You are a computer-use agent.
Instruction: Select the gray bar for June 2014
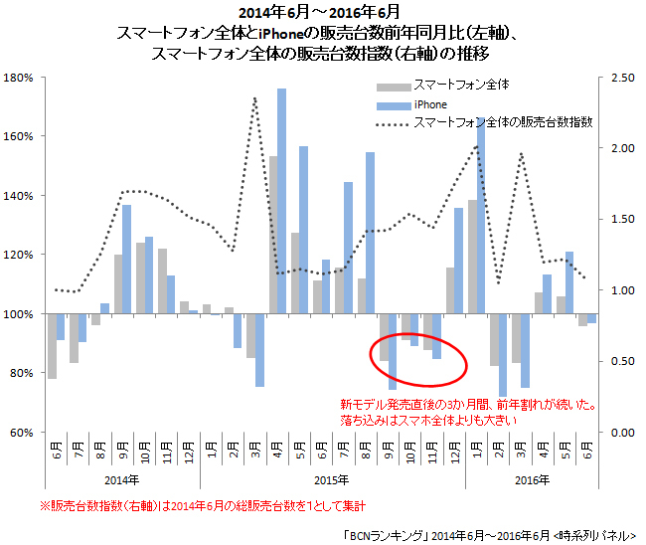(x=52, y=346)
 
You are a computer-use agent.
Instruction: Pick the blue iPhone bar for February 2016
(x=503, y=355)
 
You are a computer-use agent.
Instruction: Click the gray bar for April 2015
(x=272, y=235)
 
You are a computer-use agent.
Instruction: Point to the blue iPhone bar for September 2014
(x=127, y=260)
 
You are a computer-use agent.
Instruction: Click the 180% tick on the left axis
(x=20, y=78)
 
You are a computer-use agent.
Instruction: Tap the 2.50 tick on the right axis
(x=621, y=78)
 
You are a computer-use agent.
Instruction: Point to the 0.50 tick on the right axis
(x=621, y=361)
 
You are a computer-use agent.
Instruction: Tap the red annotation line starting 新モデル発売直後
(x=467, y=405)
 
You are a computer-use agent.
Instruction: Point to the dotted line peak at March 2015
(x=255, y=98)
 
